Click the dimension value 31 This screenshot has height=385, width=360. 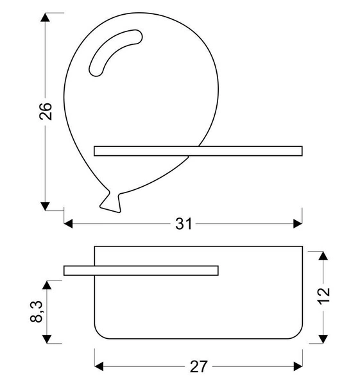click(x=184, y=224)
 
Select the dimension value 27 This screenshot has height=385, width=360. click(x=198, y=366)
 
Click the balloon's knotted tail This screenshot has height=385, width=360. click(x=110, y=201)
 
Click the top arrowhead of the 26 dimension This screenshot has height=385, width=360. click(x=45, y=17)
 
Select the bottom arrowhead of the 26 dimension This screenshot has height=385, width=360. click(x=45, y=205)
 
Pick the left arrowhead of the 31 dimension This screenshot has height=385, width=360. click(x=69, y=224)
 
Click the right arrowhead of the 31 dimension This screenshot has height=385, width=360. click(x=297, y=224)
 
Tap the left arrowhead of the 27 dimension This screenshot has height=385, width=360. click(x=99, y=366)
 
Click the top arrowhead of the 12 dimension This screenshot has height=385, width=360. click(x=323, y=255)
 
